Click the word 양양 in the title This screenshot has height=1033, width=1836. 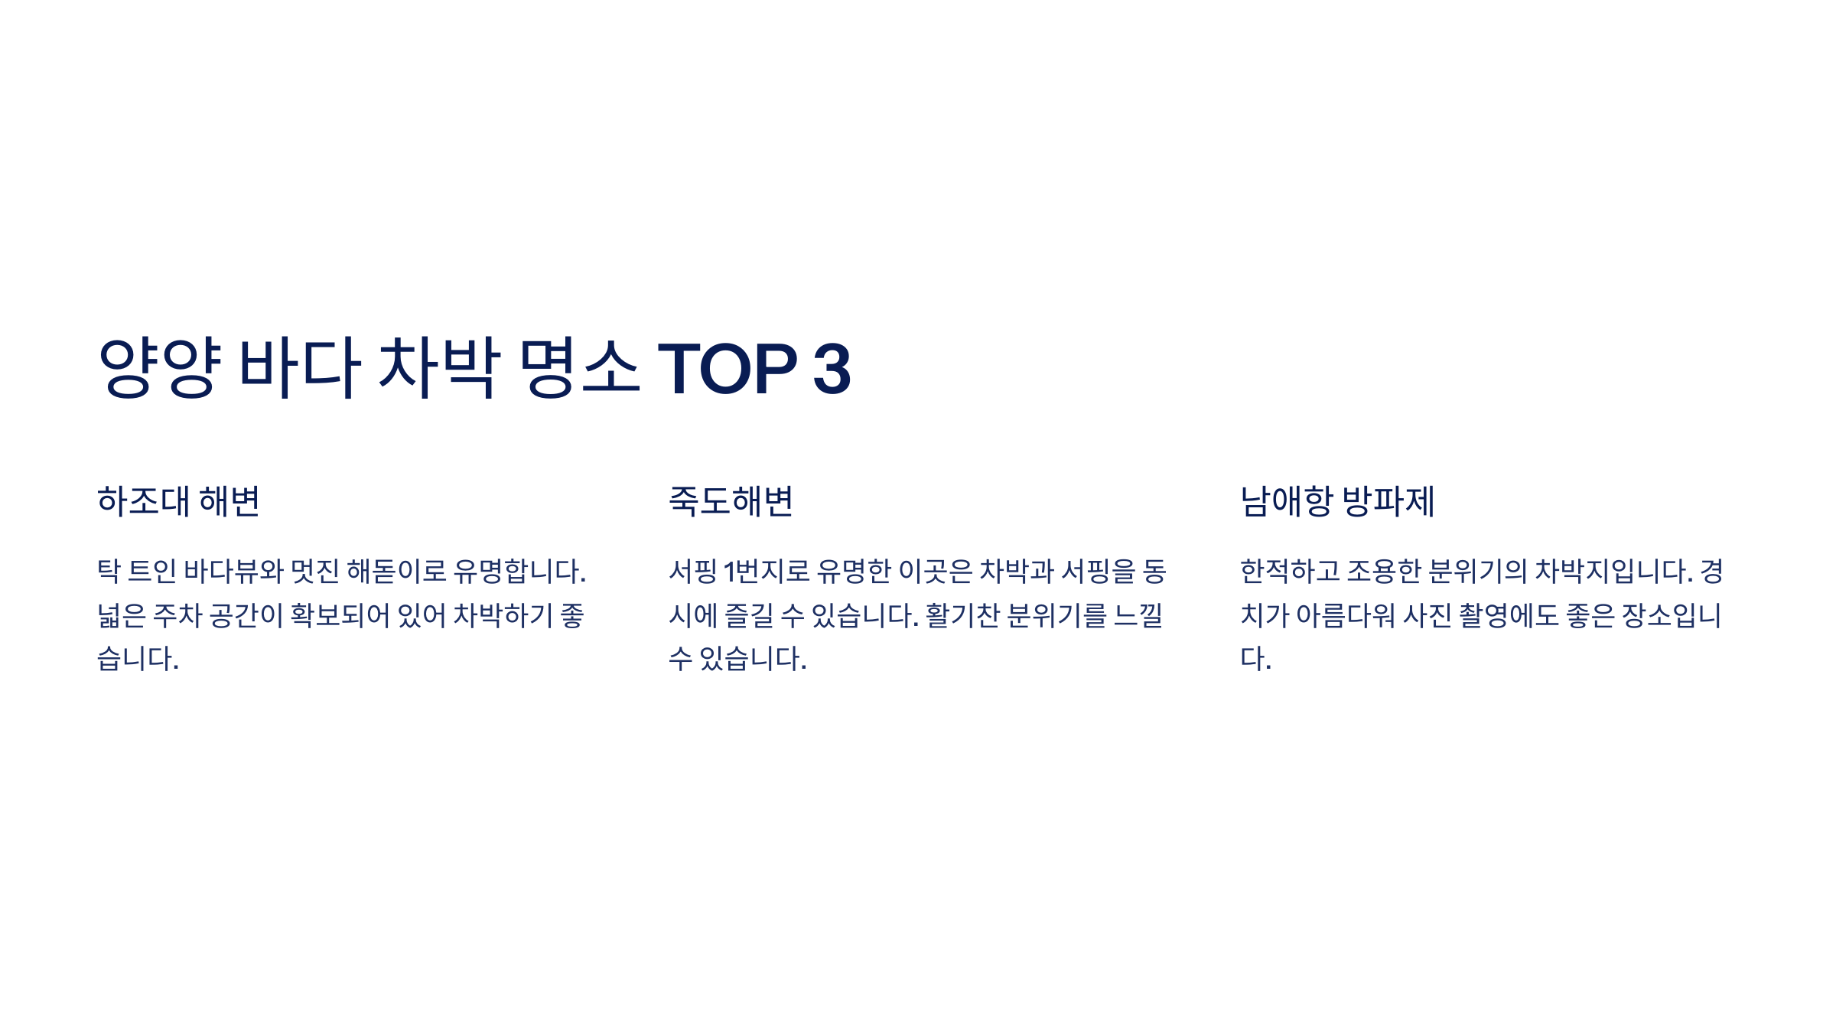tap(160, 368)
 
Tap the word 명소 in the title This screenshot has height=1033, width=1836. tap(579, 368)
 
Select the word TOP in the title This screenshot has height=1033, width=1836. tap(728, 370)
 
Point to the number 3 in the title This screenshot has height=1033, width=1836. tap(832, 370)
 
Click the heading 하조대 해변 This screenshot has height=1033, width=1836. tap(179, 502)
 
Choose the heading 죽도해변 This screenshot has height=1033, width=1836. tap(731, 502)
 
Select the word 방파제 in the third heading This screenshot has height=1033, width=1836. tap(1388, 502)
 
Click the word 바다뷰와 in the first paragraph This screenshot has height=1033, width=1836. tap(234, 572)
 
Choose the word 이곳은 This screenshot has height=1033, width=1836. tap(936, 572)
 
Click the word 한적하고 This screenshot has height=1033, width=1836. tap(1290, 572)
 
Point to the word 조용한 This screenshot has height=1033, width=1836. tap(1384, 572)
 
